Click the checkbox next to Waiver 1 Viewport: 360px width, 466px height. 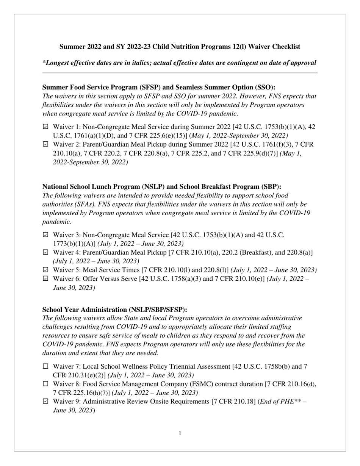pos(45,127)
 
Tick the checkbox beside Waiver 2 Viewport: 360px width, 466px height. pos(45,144)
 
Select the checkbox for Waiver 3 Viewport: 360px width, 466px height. pos(45,235)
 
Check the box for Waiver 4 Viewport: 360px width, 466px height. pos(45,253)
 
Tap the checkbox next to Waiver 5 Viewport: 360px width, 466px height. pos(45,270)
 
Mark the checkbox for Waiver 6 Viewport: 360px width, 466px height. pos(45,279)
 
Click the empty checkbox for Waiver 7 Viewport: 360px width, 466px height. pos(45,366)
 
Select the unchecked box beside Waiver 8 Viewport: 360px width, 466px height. pos(45,384)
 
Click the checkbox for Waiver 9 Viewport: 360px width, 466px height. pos(45,402)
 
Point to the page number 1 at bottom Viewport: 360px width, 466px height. pos(180,433)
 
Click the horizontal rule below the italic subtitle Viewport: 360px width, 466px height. pos(180,73)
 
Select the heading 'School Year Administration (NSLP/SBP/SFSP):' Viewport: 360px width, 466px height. pos(114,310)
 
